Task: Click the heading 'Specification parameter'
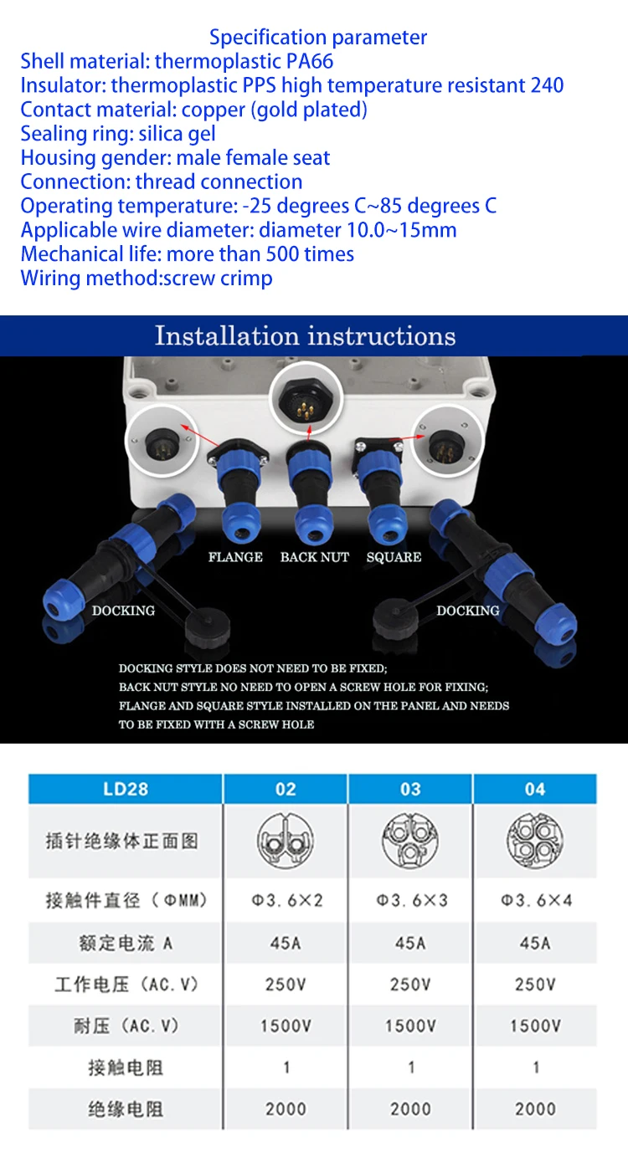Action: point(317,37)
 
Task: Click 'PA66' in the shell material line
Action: point(310,61)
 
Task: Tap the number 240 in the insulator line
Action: point(547,85)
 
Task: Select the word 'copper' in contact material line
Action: point(214,110)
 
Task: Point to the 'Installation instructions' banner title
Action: point(306,336)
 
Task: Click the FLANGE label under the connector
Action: point(235,557)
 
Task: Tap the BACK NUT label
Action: point(315,557)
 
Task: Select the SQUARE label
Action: point(394,557)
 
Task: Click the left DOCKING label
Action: point(123,611)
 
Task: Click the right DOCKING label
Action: point(468,611)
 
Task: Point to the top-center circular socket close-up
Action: point(306,397)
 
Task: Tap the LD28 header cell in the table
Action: point(126,789)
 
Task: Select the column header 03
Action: point(410,789)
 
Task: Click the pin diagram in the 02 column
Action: point(286,841)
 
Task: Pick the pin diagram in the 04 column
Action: point(535,841)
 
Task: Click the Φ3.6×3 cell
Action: point(412,901)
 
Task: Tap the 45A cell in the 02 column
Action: point(286,943)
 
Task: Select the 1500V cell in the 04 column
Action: point(536,1026)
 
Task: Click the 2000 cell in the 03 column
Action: point(410,1109)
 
